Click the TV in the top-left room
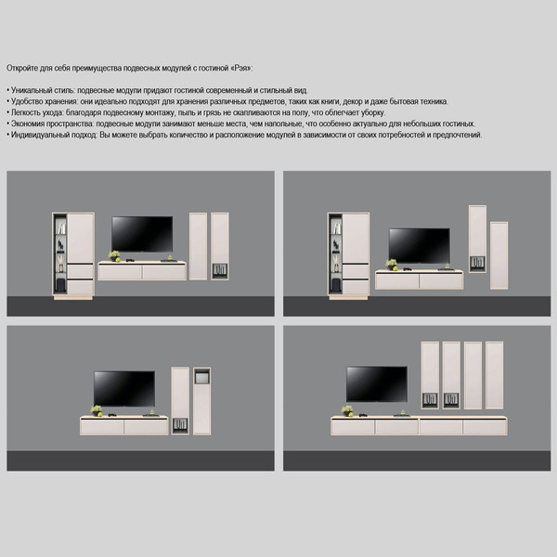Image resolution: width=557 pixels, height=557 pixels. [x=142, y=234]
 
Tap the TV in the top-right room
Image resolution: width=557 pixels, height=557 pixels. [x=420, y=246]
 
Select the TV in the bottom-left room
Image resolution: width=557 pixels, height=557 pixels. [x=124, y=389]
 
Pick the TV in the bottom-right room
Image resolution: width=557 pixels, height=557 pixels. [x=377, y=384]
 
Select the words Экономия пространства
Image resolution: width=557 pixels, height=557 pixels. [x=53, y=123]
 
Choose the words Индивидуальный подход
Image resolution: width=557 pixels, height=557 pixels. [x=54, y=135]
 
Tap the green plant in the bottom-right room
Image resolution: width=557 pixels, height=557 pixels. [x=347, y=410]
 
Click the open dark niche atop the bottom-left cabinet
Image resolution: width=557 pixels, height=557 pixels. [x=201, y=376]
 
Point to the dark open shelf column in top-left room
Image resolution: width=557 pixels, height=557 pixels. [x=60, y=253]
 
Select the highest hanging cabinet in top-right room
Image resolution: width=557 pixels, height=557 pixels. [x=477, y=239]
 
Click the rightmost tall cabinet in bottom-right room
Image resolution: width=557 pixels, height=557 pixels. [x=494, y=375]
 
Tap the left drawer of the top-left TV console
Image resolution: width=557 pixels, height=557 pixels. [x=120, y=272]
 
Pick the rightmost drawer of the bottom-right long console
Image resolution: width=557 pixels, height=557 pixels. [x=485, y=427]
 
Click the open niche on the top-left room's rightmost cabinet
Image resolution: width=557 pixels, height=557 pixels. [x=220, y=271]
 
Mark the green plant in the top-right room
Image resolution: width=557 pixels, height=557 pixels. [x=392, y=265]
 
